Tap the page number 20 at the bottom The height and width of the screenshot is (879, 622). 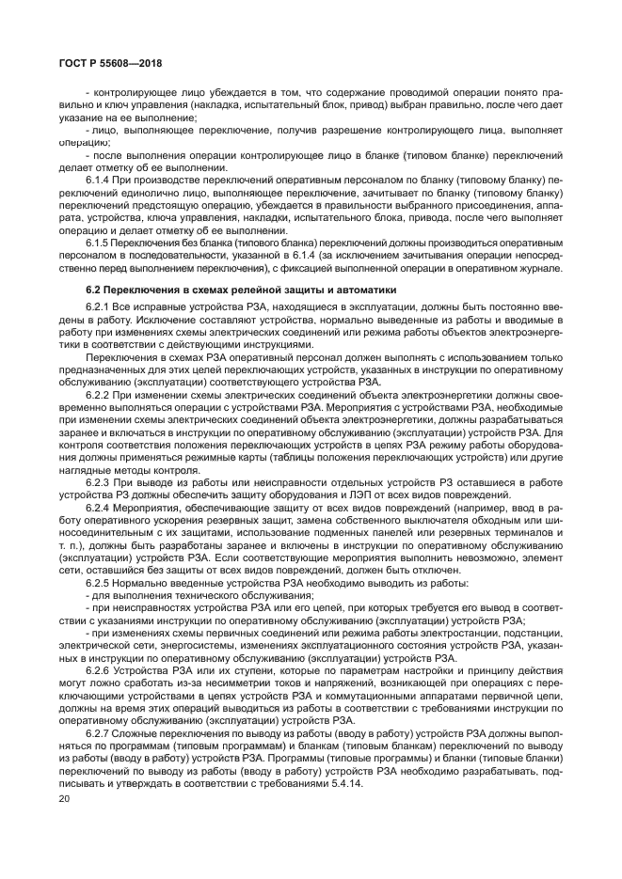(65, 798)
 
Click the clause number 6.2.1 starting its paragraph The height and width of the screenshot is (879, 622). (99, 308)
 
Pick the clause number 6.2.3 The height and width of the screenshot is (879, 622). (99, 481)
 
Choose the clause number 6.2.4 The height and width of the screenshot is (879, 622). (99, 507)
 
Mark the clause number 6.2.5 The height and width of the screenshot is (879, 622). (99, 581)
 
